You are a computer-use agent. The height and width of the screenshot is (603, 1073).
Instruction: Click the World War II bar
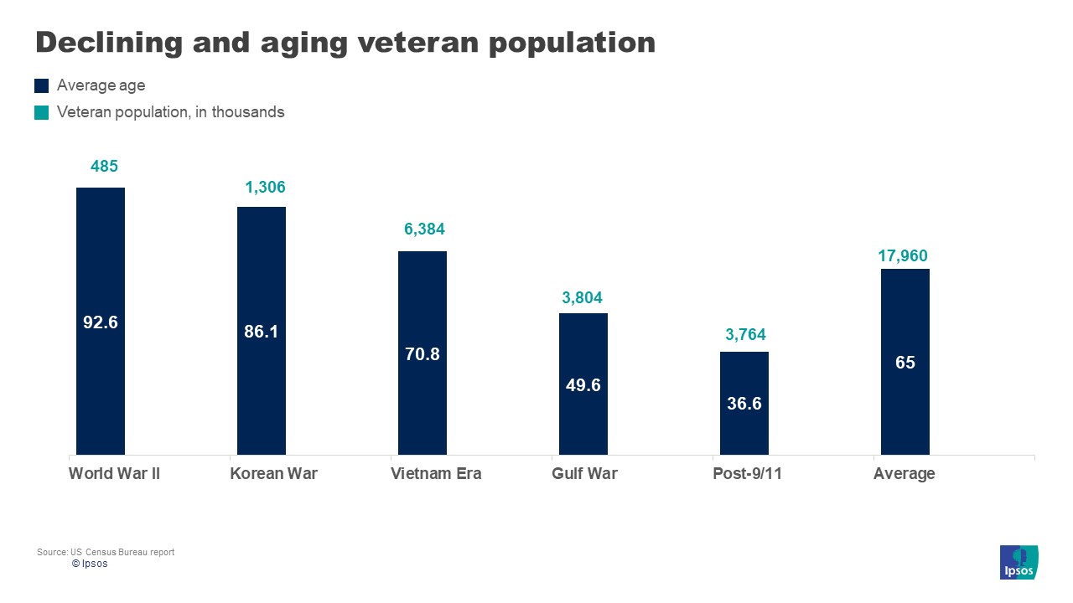[101, 321]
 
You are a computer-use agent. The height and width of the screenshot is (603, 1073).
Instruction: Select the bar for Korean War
[262, 331]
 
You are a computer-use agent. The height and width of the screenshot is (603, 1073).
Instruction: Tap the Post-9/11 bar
[744, 403]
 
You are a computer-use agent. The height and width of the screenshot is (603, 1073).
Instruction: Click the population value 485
[104, 167]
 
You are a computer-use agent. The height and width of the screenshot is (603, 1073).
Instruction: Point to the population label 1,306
[265, 188]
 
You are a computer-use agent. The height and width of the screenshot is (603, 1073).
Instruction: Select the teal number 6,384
[424, 229]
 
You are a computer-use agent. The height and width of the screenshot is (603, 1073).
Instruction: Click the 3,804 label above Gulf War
[582, 297]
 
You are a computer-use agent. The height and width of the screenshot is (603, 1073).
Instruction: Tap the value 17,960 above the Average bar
[903, 256]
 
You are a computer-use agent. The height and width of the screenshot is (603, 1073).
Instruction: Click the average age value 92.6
[100, 322]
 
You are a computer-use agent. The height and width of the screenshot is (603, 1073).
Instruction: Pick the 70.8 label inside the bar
[422, 354]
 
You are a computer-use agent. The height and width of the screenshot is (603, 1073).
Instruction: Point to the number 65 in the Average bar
[905, 363]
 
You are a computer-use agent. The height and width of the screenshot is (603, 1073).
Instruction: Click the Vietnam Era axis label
[436, 474]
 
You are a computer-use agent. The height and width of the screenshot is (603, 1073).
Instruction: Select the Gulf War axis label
[584, 474]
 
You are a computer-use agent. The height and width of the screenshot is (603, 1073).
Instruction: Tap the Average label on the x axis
[904, 474]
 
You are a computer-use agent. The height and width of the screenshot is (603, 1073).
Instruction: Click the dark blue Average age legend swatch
[42, 85]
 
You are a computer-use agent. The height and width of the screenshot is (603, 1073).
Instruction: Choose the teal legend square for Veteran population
[42, 112]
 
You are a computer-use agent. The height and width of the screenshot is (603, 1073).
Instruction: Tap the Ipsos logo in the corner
[1019, 562]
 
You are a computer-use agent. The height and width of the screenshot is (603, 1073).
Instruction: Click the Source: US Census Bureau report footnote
[106, 552]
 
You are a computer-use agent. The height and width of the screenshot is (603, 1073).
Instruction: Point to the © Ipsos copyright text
[90, 564]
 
